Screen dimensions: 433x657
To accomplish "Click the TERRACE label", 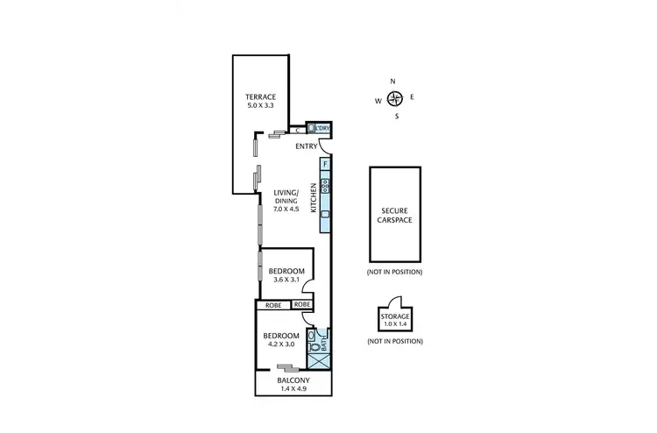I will click(x=261, y=96).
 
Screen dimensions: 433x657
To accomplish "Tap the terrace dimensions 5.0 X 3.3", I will click(x=261, y=105).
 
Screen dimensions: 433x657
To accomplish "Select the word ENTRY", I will click(x=306, y=146).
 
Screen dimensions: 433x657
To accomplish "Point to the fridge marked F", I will click(x=325, y=164).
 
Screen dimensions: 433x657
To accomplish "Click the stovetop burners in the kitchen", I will click(x=325, y=185).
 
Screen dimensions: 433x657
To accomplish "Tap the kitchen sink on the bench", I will click(x=325, y=216).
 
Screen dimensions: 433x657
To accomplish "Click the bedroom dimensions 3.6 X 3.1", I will click(x=286, y=280).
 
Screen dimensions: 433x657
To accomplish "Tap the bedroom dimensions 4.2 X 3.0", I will click(x=282, y=344).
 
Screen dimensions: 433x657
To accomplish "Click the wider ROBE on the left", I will click(x=272, y=304).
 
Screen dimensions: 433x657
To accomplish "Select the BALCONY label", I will click(x=293, y=380).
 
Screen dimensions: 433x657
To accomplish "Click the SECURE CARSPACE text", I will click(x=395, y=216).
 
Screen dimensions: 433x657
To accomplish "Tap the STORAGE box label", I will click(x=395, y=316).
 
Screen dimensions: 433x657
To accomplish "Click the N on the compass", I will click(x=393, y=82).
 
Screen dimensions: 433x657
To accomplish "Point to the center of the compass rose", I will click(x=394, y=98).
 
